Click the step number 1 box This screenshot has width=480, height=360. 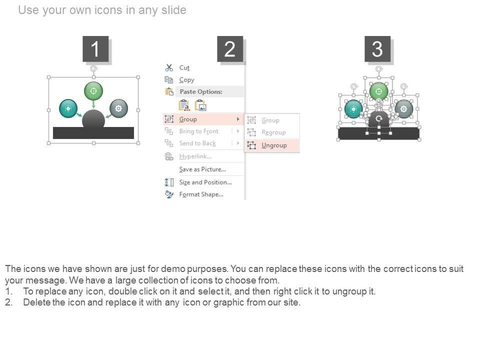click(x=95, y=49)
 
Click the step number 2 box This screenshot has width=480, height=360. click(x=230, y=49)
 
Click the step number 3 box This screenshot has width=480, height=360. click(x=377, y=49)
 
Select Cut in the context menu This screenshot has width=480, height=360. click(x=184, y=67)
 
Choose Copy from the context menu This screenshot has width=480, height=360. click(x=186, y=80)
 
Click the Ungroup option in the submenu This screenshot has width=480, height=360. click(x=274, y=145)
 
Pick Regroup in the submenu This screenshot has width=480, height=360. click(x=273, y=132)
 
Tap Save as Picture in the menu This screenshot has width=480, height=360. click(x=202, y=169)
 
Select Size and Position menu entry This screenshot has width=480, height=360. click(x=205, y=182)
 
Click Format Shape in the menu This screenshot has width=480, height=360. click(x=201, y=194)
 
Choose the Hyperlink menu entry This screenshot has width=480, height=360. click(x=195, y=156)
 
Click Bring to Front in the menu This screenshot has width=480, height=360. click(x=199, y=131)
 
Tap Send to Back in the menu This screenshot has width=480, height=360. click(x=197, y=143)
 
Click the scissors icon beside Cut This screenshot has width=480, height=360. click(x=169, y=67)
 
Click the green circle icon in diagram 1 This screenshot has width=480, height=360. click(x=93, y=91)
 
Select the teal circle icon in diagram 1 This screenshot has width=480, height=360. click(x=68, y=108)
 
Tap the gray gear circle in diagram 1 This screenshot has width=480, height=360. click(x=118, y=108)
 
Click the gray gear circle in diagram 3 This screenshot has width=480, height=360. click(x=404, y=108)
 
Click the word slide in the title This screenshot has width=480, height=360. click(x=174, y=10)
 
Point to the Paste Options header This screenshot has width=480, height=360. click(x=201, y=91)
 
